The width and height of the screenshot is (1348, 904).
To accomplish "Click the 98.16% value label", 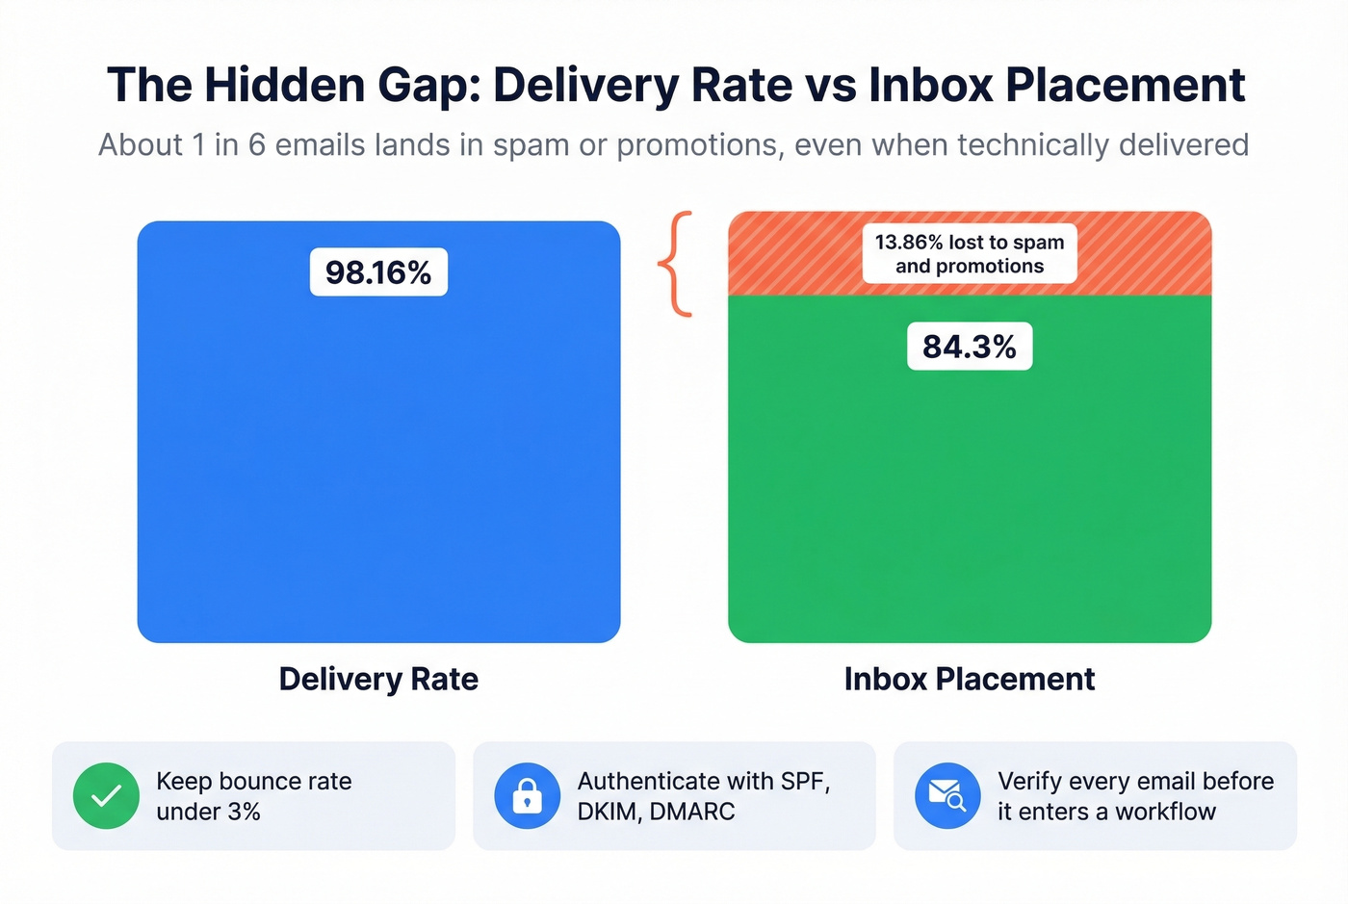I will [x=378, y=272].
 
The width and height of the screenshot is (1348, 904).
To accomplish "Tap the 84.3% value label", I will [x=969, y=347].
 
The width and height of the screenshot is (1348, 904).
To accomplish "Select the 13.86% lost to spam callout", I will [x=969, y=254].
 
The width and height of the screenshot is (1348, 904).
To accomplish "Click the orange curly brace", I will [x=676, y=264].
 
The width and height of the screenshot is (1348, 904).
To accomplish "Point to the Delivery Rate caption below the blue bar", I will [x=378, y=679].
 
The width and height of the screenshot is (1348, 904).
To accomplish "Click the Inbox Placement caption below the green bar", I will [x=969, y=679].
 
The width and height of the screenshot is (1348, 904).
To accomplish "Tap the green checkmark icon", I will [x=107, y=795].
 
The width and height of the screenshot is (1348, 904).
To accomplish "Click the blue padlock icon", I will [x=527, y=795].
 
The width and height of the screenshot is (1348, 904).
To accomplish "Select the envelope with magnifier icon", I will [x=946, y=795].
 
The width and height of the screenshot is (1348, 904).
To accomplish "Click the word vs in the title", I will [x=831, y=85].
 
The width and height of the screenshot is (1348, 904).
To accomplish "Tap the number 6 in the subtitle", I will [x=256, y=144].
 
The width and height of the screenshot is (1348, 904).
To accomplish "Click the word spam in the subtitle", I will [x=531, y=144].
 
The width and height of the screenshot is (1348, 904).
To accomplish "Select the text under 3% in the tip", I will [x=208, y=812].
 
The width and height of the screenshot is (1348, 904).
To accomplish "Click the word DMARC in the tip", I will [x=692, y=812].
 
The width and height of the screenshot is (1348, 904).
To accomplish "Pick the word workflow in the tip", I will [x=1165, y=812].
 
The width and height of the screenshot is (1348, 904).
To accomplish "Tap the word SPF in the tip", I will [x=804, y=781].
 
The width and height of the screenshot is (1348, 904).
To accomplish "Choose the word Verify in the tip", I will [x=1028, y=781].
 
